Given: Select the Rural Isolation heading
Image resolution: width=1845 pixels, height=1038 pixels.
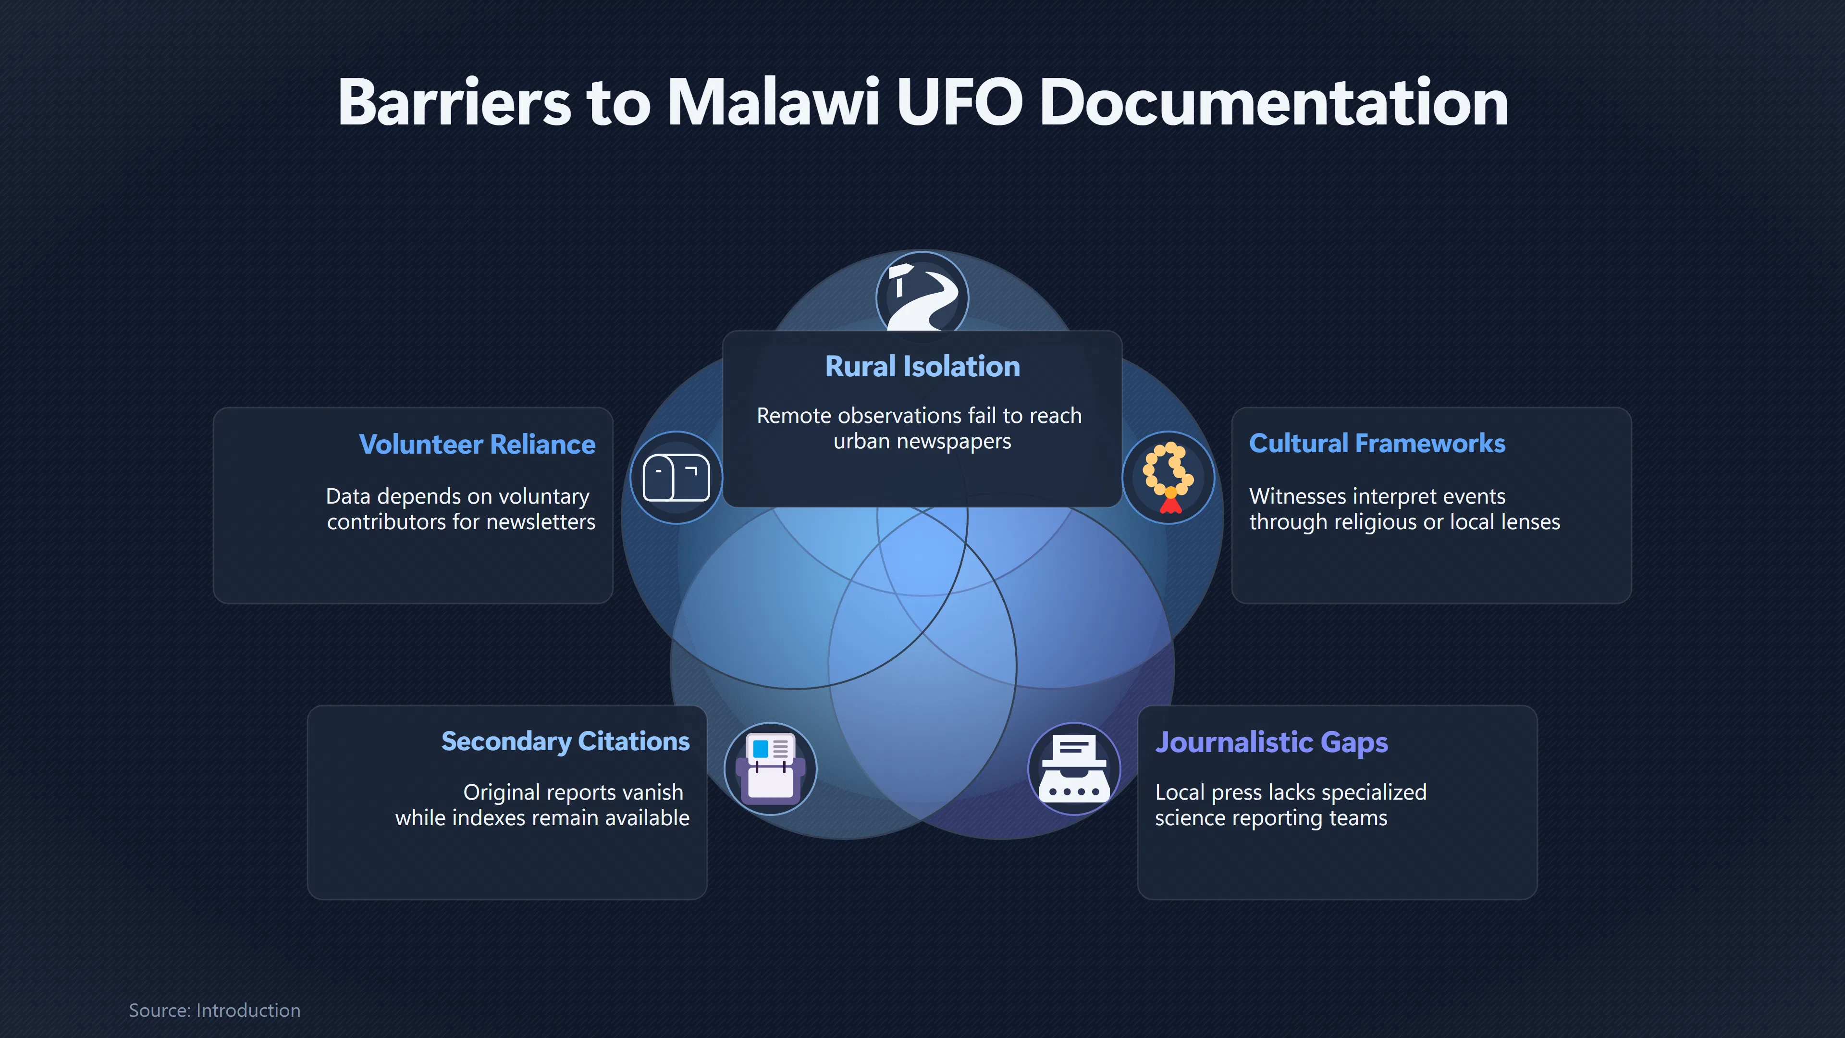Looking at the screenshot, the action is click(x=922, y=366).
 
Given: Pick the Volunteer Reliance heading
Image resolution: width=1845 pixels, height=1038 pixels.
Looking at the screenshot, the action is click(x=477, y=444).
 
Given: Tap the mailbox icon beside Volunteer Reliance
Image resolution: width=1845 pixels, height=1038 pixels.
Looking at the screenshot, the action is click(x=676, y=478).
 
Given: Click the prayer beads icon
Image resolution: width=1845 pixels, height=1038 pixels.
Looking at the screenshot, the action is click(x=1168, y=478).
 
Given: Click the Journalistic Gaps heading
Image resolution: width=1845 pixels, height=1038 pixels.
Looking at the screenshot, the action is click(x=1271, y=742).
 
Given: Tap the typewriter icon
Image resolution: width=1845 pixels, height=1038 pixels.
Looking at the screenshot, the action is click(x=1074, y=769).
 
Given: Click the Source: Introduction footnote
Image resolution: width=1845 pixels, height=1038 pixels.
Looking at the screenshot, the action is click(x=215, y=1010).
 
